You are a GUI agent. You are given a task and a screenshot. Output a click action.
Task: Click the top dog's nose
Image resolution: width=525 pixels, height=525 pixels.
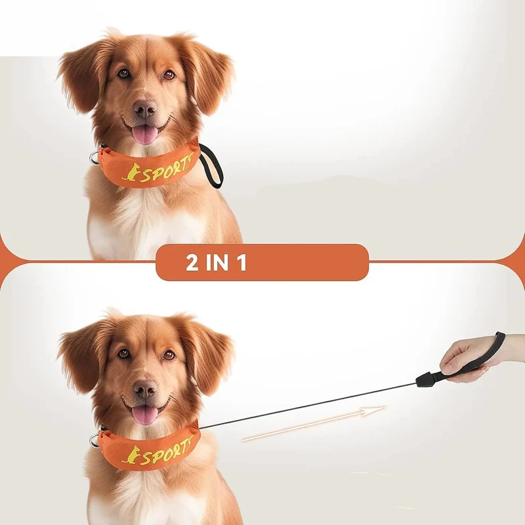pyautogui.click(x=145, y=108)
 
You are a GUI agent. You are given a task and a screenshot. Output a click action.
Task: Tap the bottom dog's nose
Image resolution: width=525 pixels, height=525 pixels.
pyautogui.click(x=145, y=388)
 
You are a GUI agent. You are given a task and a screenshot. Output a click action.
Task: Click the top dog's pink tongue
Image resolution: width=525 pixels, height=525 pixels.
pyautogui.click(x=144, y=135)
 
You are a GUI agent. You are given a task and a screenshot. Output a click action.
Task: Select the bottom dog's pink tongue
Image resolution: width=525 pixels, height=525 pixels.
pyautogui.click(x=144, y=415)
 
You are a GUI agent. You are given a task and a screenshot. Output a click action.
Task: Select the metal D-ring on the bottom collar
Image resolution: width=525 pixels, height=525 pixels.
pyautogui.click(x=94, y=439)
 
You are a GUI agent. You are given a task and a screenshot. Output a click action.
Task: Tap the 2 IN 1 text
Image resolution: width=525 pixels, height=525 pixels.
pyautogui.click(x=217, y=263)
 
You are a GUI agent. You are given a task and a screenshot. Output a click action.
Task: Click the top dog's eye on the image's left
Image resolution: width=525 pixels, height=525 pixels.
pyautogui.click(x=124, y=73)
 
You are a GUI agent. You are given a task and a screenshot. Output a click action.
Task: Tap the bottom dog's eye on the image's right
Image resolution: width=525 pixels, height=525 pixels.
pyautogui.click(x=169, y=354)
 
